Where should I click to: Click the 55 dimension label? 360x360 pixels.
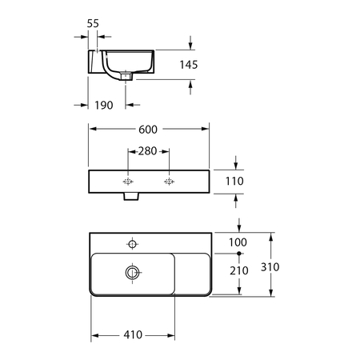click(93, 23)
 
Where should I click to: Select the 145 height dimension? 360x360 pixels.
click(189, 65)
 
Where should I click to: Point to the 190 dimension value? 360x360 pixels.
click(104, 106)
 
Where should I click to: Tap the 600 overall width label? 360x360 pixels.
click(148, 130)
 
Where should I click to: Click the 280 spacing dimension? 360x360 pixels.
click(147, 151)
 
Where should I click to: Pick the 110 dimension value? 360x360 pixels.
click(234, 181)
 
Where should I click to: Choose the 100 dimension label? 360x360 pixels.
click(238, 242)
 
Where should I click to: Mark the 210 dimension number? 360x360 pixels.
click(239, 270)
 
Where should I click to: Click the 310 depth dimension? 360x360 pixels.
click(270, 267)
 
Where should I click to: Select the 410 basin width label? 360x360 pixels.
click(133, 334)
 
